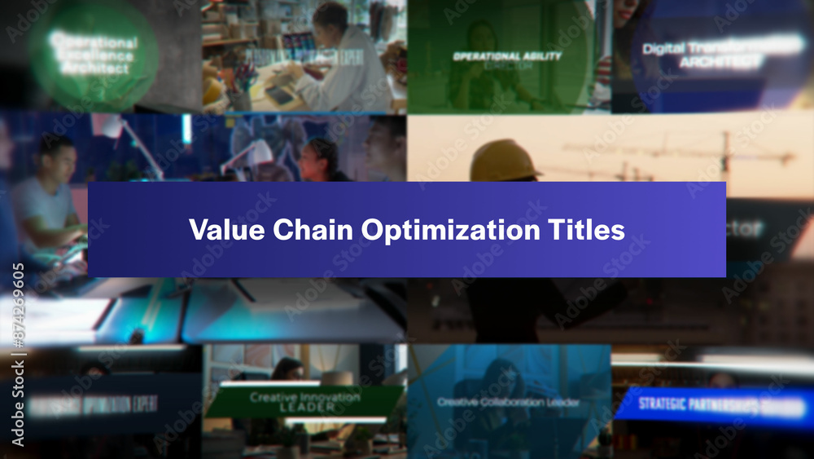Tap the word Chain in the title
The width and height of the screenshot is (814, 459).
[x=314, y=230]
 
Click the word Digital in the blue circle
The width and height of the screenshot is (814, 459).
[x=663, y=48]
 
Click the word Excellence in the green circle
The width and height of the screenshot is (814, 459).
[x=94, y=55]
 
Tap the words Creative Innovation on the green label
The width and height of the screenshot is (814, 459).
[x=305, y=396]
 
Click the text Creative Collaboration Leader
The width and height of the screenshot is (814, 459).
[x=508, y=402]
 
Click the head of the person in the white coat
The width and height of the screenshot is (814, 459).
[x=330, y=18]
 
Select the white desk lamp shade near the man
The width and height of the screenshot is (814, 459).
[x=106, y=126]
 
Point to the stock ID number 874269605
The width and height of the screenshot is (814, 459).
[x=18, y=307]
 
